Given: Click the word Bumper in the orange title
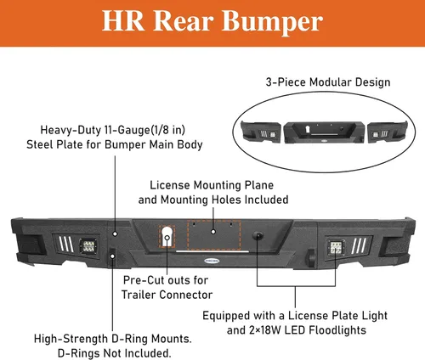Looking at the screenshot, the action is pyautogui.click(x=272, y=22).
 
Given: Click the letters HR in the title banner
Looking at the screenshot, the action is pyautogui.click(x=123, y=20).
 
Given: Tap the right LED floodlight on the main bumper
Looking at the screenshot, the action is pyautogui.click(x=337, y=248).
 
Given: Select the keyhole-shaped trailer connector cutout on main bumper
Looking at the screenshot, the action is pyautogui.click(x=167, y=236).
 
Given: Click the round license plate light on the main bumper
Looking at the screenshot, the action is pyautogui.click(x=258, y=235).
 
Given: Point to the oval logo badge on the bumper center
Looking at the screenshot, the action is pyautogui.click(x=212, y=261).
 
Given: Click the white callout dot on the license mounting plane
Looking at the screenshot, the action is pyautogui.click(x=213, y=232).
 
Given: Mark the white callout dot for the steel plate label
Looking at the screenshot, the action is pyautogui.click(x=115, y=233).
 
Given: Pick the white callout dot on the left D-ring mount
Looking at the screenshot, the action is pyautogui.click(x=112, y=256).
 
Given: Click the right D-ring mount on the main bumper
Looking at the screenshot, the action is pyautogui.click(x=311, y=258).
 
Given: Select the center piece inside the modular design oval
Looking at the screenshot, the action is pyautogui.click(x=324, y=132).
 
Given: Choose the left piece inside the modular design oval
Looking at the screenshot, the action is pyautogui.click(x=261, y=132).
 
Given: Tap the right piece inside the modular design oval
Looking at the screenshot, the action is pyautogui.click(x=388, y=132).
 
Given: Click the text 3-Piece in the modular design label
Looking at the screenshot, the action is pyautogui.click(x=286, y=82).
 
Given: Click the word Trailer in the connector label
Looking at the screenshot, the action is pyautogui.click(x=139, y=295).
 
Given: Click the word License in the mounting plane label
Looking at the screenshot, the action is pyautogui.click(x=170, y=185).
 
